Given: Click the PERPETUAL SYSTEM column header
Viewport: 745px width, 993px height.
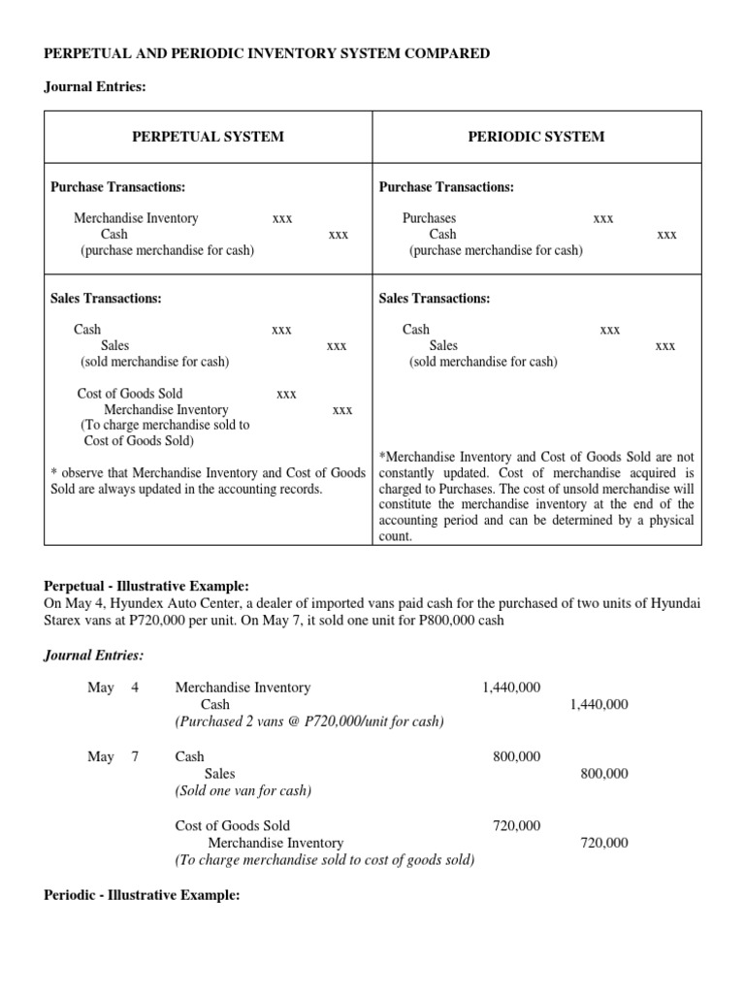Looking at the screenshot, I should click(208, 137).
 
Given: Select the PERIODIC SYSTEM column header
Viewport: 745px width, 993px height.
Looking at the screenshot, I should click(535, 137).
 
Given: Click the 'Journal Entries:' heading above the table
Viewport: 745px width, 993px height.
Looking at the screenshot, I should click(95, 87).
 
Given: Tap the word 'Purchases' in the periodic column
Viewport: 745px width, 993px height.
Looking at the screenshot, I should click(429, 218).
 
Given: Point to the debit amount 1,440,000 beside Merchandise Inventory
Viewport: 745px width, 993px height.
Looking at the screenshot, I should click(511, 688).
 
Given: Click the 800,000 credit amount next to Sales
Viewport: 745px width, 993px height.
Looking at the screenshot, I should click(603, 774).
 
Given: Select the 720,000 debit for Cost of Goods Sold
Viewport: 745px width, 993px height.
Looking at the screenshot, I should click(517, 826).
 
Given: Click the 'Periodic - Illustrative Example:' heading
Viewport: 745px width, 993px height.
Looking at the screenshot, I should click(142, 895).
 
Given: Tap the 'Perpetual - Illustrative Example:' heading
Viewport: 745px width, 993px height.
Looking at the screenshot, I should click(146, 587).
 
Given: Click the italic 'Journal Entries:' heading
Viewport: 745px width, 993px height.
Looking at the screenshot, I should click(94, 656).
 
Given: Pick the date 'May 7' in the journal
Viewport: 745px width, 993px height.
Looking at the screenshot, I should click(113, 756).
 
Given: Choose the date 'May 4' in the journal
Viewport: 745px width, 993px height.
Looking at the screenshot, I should click(113, 688).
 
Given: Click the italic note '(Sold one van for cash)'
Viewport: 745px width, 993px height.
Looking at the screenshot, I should click(243, 790).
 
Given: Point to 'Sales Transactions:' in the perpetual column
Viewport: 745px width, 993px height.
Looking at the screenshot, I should click(106, 299).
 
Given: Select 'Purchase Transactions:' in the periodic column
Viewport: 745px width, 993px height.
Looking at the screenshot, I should click(446, 187).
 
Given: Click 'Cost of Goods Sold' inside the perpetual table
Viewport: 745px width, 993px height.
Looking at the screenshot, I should click(130, 394).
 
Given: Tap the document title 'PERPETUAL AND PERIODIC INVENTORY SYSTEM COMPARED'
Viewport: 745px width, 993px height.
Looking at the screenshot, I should click(267, 53).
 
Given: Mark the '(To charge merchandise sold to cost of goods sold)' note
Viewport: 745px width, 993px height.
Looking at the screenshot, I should click(324, 860).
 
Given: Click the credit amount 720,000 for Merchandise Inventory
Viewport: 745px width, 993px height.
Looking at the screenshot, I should click(603, 844).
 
